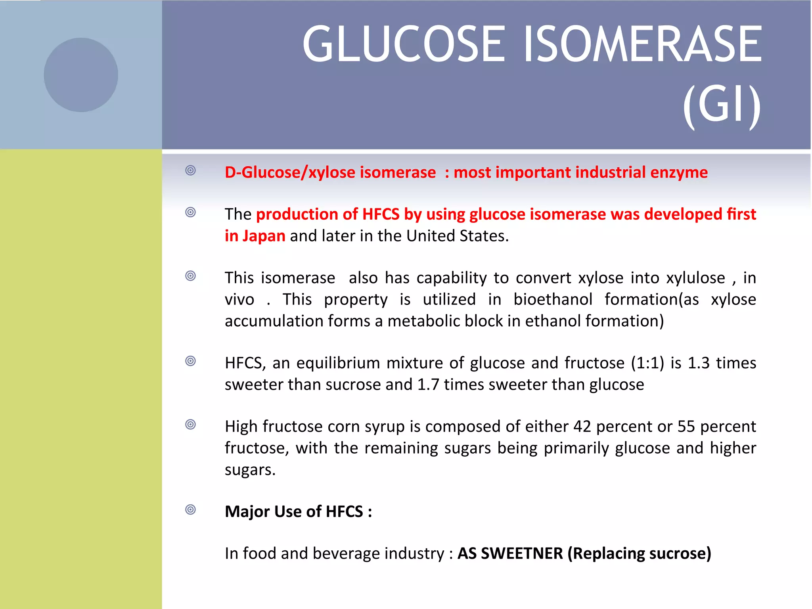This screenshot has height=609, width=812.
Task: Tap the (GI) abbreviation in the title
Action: tap(722, 107)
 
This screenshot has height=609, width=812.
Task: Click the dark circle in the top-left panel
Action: tap(81, 75)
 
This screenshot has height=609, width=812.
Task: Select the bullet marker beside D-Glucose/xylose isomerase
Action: tap(191, 170)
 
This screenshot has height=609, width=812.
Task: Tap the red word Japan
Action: tap(264, 236)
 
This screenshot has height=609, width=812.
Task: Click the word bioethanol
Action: tap(553, 299)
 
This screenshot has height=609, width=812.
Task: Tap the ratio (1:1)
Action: tap(647, 363)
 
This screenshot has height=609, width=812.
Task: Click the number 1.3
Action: tap(699, 363)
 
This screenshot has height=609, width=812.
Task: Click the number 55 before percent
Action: tap(686, 427)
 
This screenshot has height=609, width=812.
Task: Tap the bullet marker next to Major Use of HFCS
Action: tap(191, 509)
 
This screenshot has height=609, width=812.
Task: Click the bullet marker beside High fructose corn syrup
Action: tap(191, 425)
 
